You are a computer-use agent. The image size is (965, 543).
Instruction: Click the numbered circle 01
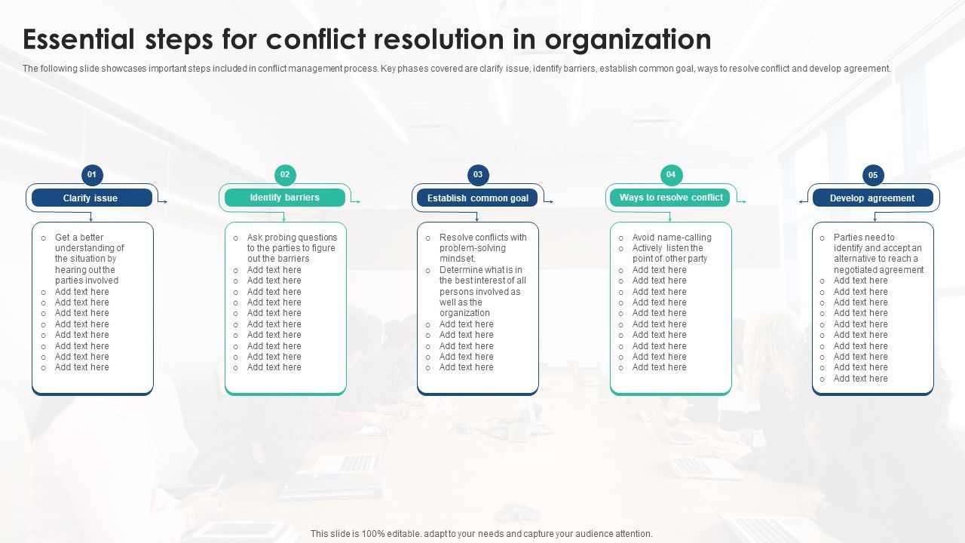[x=92, y=175]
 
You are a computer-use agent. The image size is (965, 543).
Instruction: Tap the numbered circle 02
[x=285, y=175]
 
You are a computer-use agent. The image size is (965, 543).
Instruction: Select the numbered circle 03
[x=478, y=175]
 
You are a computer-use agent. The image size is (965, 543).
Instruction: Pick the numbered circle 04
[x=671, y=175]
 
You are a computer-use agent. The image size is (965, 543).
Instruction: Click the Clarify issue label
[x=90, y=198]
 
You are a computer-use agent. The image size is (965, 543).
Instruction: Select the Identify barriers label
[x=285, y=198]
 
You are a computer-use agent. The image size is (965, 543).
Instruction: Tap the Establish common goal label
[x=478, y=198]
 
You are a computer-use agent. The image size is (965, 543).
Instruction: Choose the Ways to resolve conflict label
[x=671, y=198]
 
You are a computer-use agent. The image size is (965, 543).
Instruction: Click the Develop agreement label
[x=872, y=198]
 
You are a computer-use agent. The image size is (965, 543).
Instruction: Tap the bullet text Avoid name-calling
[x=672, y=238]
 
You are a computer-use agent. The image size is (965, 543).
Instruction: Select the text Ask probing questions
[x=292, y=238]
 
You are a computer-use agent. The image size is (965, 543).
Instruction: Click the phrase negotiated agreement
[x=878, y=270]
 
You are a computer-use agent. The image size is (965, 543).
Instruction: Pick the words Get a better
[x=79, y=238]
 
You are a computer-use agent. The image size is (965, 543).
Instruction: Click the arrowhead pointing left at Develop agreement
[x=801, y=201]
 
